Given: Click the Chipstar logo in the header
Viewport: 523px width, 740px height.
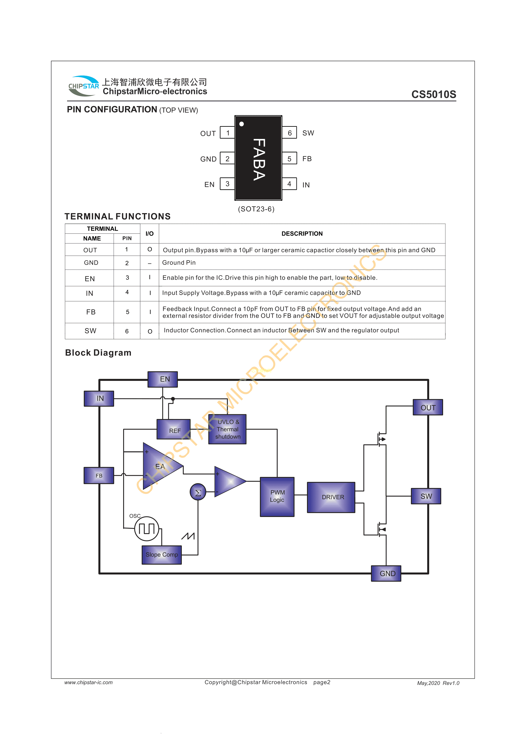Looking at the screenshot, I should point(84,86).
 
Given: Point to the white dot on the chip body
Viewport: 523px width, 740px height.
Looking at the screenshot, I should point(241,124).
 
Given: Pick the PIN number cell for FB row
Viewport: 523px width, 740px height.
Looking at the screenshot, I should point(127,312).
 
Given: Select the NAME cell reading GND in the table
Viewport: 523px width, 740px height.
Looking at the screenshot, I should point(91,263).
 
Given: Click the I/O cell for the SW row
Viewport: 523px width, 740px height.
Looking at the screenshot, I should point(150,331).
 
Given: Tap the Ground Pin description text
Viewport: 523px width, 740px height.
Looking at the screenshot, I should point(179,263).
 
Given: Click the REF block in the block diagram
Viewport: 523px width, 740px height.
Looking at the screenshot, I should point(174,430).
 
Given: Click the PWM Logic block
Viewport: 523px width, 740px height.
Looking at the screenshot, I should point(277,497).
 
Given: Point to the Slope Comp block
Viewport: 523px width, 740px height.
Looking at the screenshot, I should point(162,555).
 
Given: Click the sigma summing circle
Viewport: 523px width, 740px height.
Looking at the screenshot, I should point(198,492).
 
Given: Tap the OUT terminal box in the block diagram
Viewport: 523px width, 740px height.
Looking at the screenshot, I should point(428,408).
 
